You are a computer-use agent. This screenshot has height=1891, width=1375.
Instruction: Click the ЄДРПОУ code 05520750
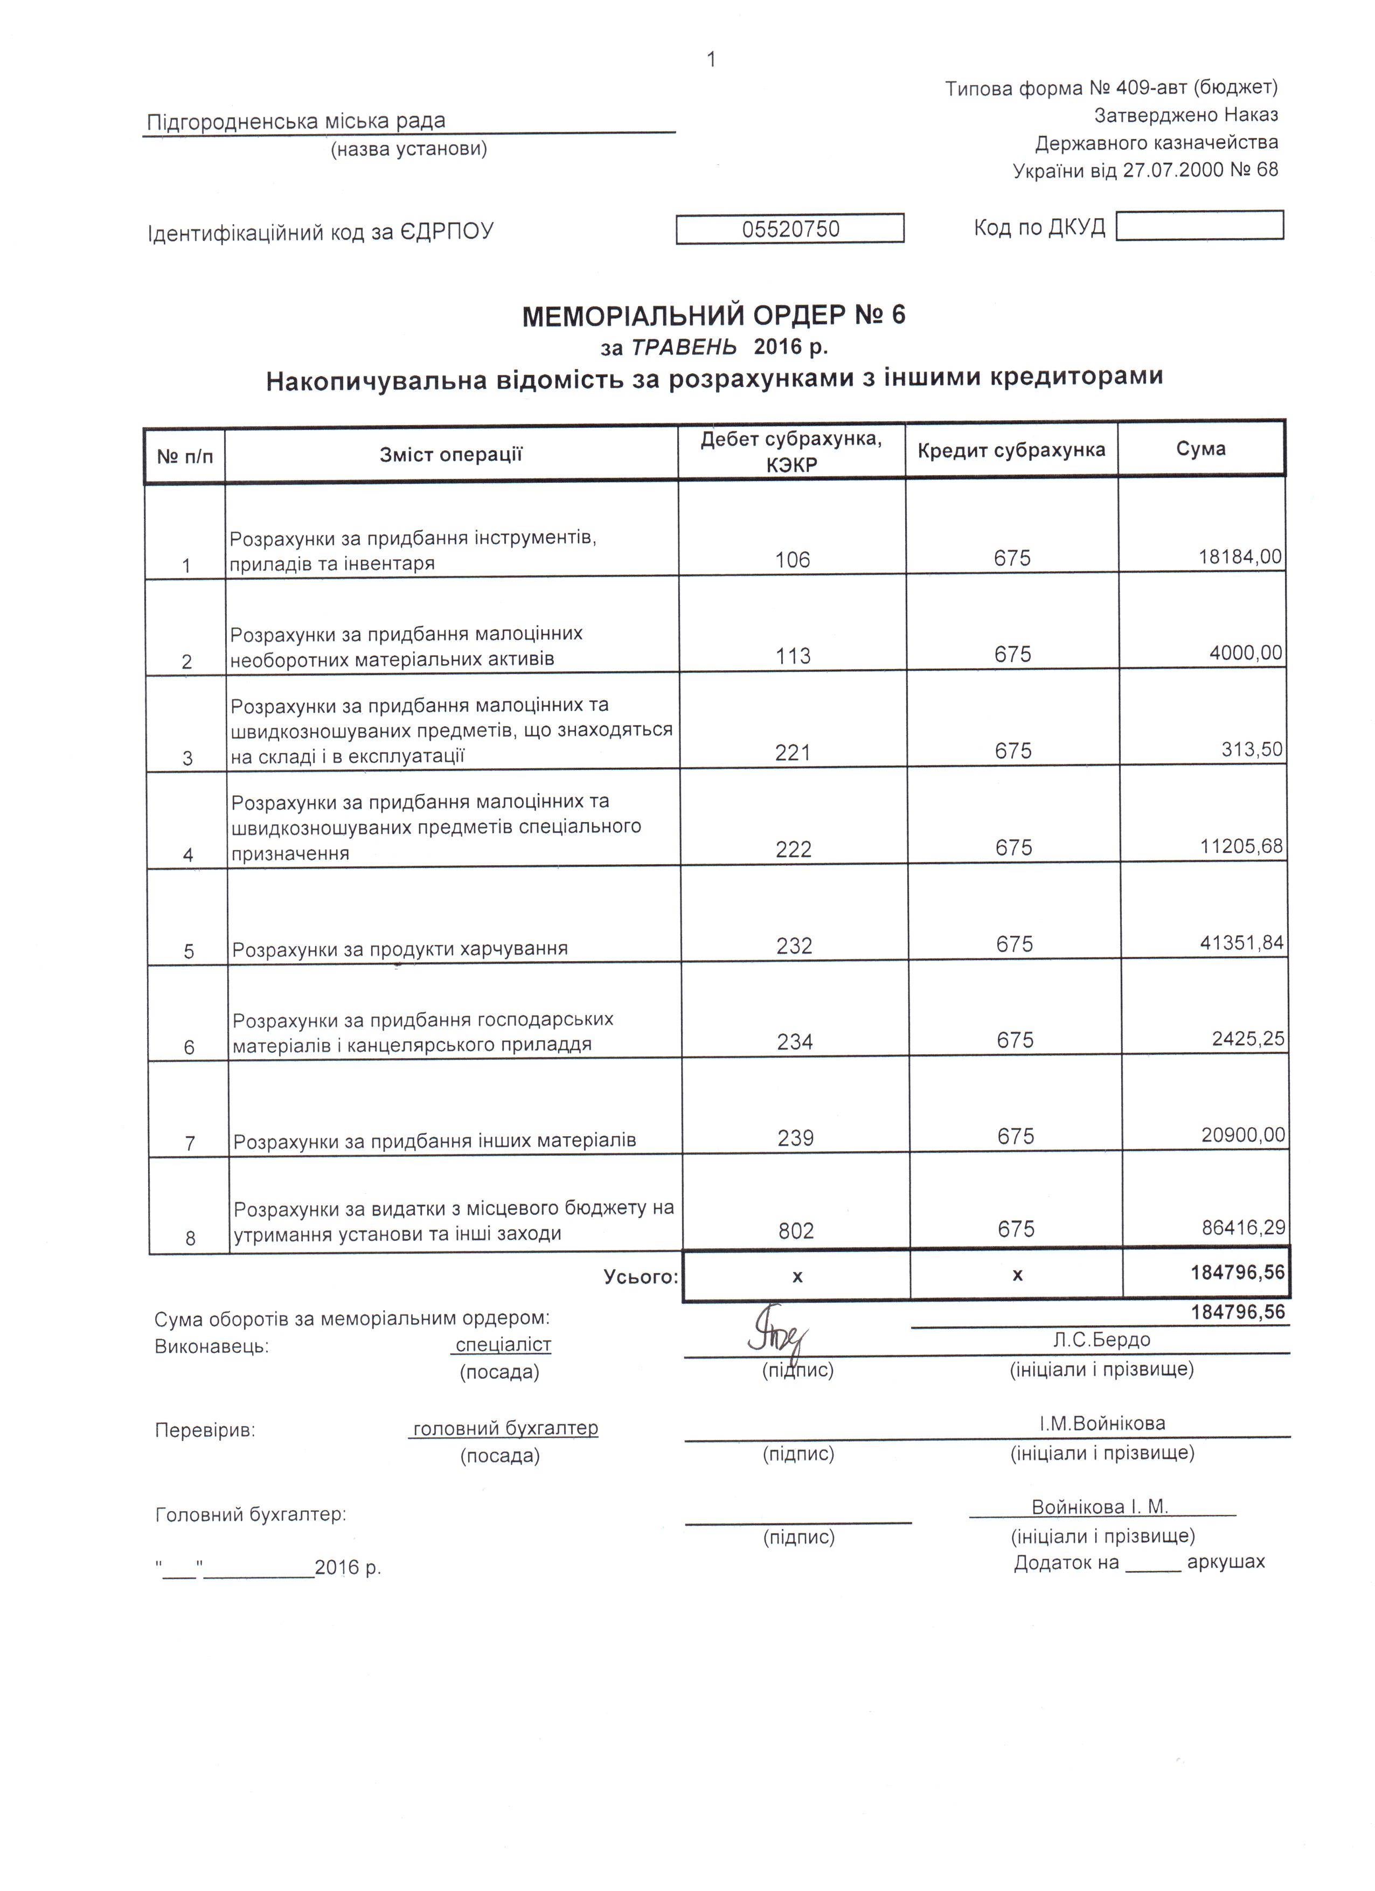(x=790, y=228)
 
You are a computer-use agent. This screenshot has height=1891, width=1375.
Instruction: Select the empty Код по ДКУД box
(x=1199, y=225)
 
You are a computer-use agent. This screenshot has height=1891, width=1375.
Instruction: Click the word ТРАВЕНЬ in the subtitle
(x=684, y=347)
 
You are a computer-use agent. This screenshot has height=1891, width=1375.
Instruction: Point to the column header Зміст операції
(x=450, y=454)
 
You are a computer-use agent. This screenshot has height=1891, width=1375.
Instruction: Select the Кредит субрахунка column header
(x=1011, y=450)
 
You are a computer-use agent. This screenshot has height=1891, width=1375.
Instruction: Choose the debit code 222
(x=793, y=849)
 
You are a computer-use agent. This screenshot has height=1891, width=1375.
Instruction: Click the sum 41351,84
(x=1241, y=943)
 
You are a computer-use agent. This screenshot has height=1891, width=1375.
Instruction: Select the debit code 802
(x=795, y=1230)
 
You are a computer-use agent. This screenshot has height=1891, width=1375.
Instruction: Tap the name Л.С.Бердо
(x=1101, y=1339)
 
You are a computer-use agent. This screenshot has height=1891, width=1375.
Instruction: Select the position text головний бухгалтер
(x=505, y=1428)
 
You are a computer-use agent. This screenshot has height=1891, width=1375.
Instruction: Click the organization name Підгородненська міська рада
(x=296, y=122)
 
